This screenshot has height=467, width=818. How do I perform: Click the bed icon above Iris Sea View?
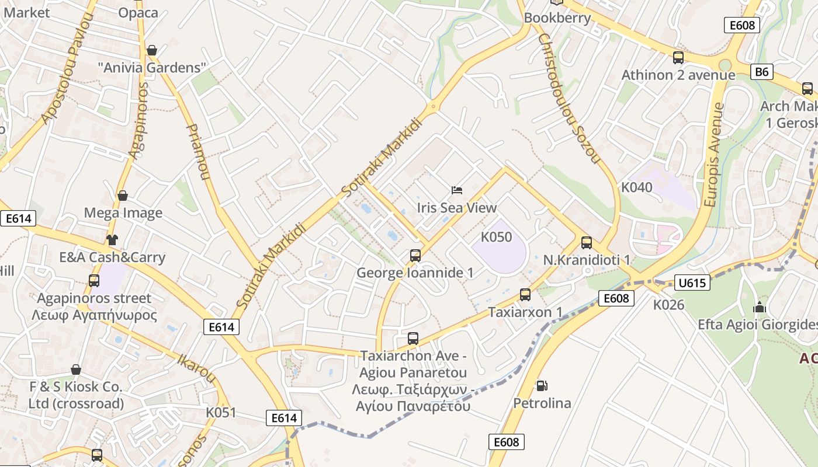pos(457,190)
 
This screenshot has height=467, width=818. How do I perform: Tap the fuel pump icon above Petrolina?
pos(542,386)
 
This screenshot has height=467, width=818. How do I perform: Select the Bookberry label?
pos(557,18)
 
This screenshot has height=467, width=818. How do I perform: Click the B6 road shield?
pos(762,72)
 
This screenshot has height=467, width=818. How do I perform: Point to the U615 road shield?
pos(692,283)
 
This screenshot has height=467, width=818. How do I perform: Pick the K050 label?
pos(496,237)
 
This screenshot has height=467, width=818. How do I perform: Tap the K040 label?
pos(636,187)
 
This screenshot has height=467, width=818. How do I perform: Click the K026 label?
pos(668,304)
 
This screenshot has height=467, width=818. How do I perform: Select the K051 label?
pos(221,412)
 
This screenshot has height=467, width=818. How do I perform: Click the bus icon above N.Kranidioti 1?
pos(586,243)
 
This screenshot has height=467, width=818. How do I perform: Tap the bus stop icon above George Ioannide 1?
pos(415,256)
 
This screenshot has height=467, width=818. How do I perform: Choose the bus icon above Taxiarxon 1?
pos(525,295)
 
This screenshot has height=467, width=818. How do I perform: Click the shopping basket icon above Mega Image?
pos(123,196)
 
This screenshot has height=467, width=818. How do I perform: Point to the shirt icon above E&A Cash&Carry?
pos(112,240)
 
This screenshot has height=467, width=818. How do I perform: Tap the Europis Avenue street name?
pos(714,155)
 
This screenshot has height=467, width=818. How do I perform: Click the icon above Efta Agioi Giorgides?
pos(759,307)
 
